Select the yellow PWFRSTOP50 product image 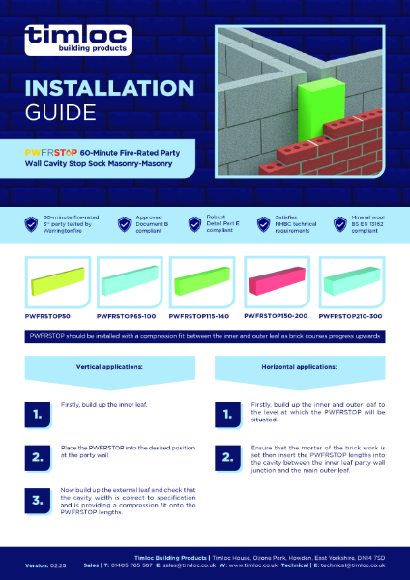pyautogui.click(x=54, y=284)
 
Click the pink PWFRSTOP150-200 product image pyautogui.click(x=279, y=284)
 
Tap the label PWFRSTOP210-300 pyautogui.click(x=355, y=315)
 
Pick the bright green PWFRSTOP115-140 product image pyautogui.click(x=205, y=284)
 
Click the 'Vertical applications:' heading pyautogui.click(x=105, y=368)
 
